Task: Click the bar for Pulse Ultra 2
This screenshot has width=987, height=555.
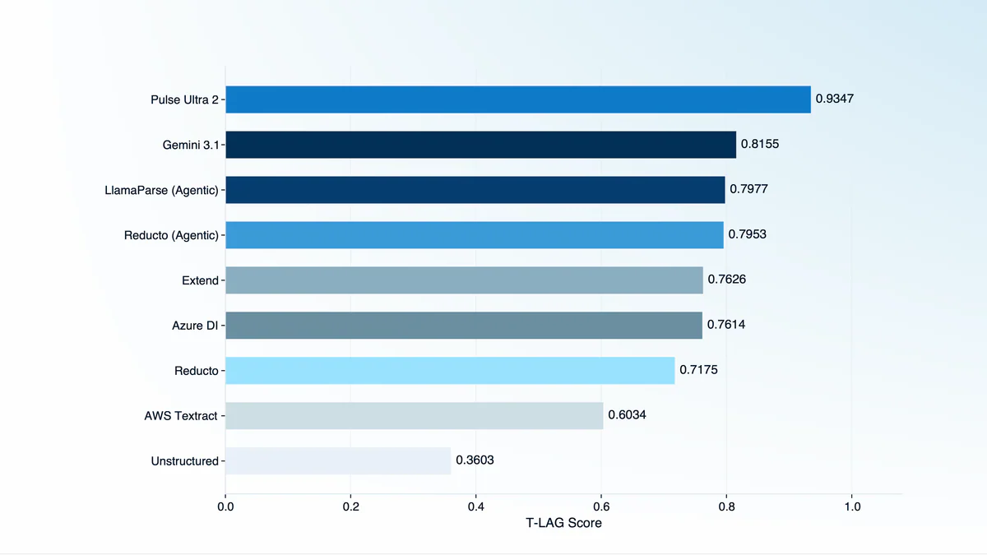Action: click(x=518, y=99)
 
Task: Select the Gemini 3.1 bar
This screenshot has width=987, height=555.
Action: click(x=480, y=145)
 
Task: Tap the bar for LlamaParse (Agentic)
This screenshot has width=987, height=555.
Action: click(x=475, y=190)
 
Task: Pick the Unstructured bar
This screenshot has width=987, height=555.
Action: click(x=338, y=460)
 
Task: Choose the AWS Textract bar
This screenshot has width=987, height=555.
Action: click(x=414, y=415)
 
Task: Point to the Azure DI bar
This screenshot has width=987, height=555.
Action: click(x=464, y=325)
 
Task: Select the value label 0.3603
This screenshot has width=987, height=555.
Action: click(x=475, y=460)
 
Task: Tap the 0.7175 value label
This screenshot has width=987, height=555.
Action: click(x=698, y=370)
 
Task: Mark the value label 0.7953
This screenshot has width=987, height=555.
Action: click(x=748, y=235)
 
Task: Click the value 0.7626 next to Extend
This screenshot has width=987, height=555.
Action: click(x=727, y=280)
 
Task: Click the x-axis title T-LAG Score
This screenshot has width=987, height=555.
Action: click(x=563, y=523)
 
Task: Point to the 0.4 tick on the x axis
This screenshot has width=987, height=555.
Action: click(x=476, y=506)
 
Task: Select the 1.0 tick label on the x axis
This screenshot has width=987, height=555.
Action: click(x=852, y=506)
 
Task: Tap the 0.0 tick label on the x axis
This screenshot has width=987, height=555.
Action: click(x=225, y=506)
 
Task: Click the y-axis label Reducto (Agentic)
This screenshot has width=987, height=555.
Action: click(x=171, y=235)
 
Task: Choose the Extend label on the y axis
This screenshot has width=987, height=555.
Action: click(x=200, y=280)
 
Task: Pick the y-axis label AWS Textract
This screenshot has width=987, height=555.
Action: click(x=181, y=416)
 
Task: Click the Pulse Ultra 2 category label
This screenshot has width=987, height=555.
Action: click(x=184, y=100)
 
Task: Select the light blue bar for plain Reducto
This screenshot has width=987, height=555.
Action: click(x=450, y=370)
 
